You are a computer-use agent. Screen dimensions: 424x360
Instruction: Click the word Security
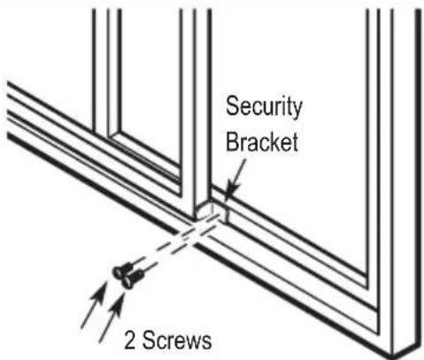click(264, 107)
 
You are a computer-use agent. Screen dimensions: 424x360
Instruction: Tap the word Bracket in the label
click(262, 142)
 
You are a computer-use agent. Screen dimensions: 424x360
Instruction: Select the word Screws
click(177, 340)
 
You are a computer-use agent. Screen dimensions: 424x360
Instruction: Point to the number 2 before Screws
click(131, 341)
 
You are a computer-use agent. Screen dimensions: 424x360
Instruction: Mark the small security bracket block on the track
click(212, 211)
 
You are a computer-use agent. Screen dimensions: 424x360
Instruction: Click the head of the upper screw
click(119, 272)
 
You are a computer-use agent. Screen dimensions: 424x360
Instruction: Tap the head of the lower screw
click(127, 282)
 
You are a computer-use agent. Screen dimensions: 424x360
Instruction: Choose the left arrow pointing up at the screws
click(94, 304)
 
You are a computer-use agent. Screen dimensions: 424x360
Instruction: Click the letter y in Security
click(296, 110)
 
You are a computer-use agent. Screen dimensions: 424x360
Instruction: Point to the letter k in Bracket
click(271, 142)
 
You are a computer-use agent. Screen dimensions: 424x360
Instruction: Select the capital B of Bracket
click(232, 142)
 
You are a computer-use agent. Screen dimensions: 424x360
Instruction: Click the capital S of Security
click(232, 106)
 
